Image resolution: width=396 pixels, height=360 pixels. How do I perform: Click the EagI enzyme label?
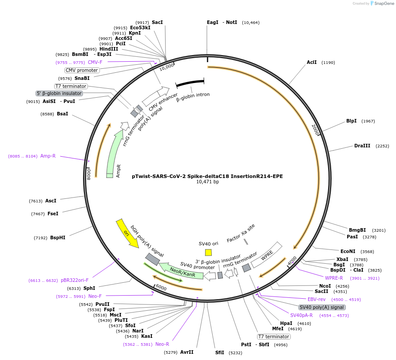(x=213, y=22)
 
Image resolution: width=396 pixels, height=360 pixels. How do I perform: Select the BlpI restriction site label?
(x=351, y=121)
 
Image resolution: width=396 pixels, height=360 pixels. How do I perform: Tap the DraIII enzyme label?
(x=362, y=146)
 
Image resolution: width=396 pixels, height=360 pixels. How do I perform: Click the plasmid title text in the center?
(x=207, y=176)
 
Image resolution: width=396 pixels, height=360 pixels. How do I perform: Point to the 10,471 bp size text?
(x=207, y=182)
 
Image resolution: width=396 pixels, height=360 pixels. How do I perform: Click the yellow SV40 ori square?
(x=208, y=252)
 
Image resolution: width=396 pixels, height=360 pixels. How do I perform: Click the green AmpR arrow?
(x=114, y=153)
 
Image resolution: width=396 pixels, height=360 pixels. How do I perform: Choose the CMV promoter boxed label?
(x=82, y=70)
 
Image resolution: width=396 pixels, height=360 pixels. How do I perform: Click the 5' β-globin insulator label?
(x=59, y=93)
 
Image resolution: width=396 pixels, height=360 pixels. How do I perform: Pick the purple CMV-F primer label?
(x=95, y=62)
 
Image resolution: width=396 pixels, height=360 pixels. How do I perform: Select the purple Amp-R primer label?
(x=48, y=156)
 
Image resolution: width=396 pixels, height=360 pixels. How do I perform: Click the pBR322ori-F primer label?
(x=75, y=281)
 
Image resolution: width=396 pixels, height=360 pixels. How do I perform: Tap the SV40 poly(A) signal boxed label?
(x=321, y=307)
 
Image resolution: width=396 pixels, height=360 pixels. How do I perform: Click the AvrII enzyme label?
(x=186, y=352)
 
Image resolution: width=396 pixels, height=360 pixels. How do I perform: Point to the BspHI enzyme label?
(x=58, y=237)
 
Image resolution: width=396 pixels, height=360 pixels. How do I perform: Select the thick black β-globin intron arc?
(x=190, y=83)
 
